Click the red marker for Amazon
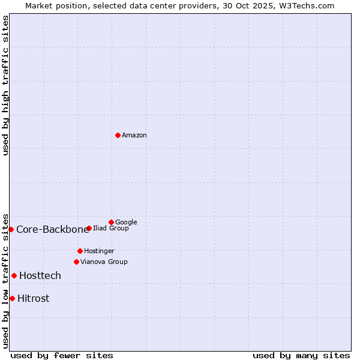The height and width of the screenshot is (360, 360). [118, 135]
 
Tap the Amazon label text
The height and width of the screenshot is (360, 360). [134, 136]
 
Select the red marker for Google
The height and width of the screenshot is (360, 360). [111, 222]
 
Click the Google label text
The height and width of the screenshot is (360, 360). [126, 223]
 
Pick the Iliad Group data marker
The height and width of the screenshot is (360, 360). [89, 228]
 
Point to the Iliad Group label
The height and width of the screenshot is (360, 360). [111, 229]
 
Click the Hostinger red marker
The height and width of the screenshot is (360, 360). [80, 251]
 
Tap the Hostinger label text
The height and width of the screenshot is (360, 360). [99, 251]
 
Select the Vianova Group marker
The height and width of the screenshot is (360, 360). [76, 262]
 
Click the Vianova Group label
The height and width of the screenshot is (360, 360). [104, 262]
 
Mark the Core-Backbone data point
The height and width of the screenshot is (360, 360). [11, 229]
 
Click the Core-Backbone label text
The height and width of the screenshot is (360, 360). [53, 230]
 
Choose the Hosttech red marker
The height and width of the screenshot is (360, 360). [14, 275]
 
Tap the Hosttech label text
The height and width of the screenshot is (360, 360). [40, 276]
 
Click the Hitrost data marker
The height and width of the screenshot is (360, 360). [12, 298]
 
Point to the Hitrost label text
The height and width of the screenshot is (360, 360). [34, 299]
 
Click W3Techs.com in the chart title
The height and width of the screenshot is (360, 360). [310, 6]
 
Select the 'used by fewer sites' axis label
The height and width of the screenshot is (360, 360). [62, 356]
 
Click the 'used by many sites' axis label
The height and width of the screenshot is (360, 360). [301, 356]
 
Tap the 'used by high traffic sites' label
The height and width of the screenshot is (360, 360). [6, 85]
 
